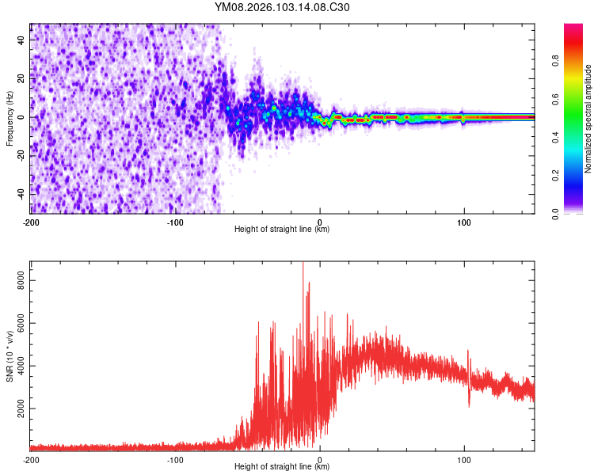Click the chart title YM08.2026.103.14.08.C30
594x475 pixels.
click(282, 8)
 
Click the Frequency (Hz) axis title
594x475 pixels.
click(10, 118)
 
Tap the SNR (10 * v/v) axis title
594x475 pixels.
click(10, 355)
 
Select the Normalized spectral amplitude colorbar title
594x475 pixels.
click(588, 119)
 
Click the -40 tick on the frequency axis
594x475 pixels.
click(22, 194)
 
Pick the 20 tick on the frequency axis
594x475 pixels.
click(22, 78)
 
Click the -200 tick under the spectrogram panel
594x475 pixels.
click(30, 222)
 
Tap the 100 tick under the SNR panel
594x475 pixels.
click(463, 459)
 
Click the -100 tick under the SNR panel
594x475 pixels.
click(175, 459)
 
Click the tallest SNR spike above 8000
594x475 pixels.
click(303, 264)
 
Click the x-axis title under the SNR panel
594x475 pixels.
click(282, 467)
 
